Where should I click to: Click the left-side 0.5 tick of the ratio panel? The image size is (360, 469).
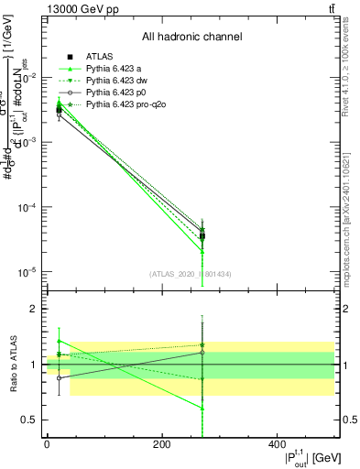click(x=29, y=420)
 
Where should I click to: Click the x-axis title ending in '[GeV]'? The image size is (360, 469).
click(x=303, y=459)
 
